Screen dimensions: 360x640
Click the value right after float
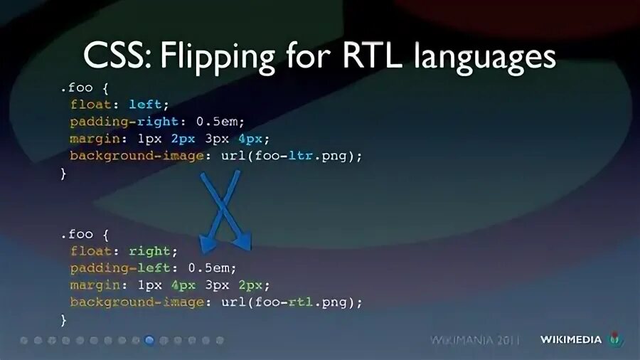coord(149,251)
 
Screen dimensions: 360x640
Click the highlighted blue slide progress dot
coord(149,340)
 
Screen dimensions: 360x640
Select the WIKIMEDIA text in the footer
coord(570,340)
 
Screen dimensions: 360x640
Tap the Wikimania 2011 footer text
coord(475,340)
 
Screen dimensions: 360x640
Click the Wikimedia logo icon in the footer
coord(616,340)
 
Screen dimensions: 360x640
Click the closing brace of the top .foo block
coord(63,173)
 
